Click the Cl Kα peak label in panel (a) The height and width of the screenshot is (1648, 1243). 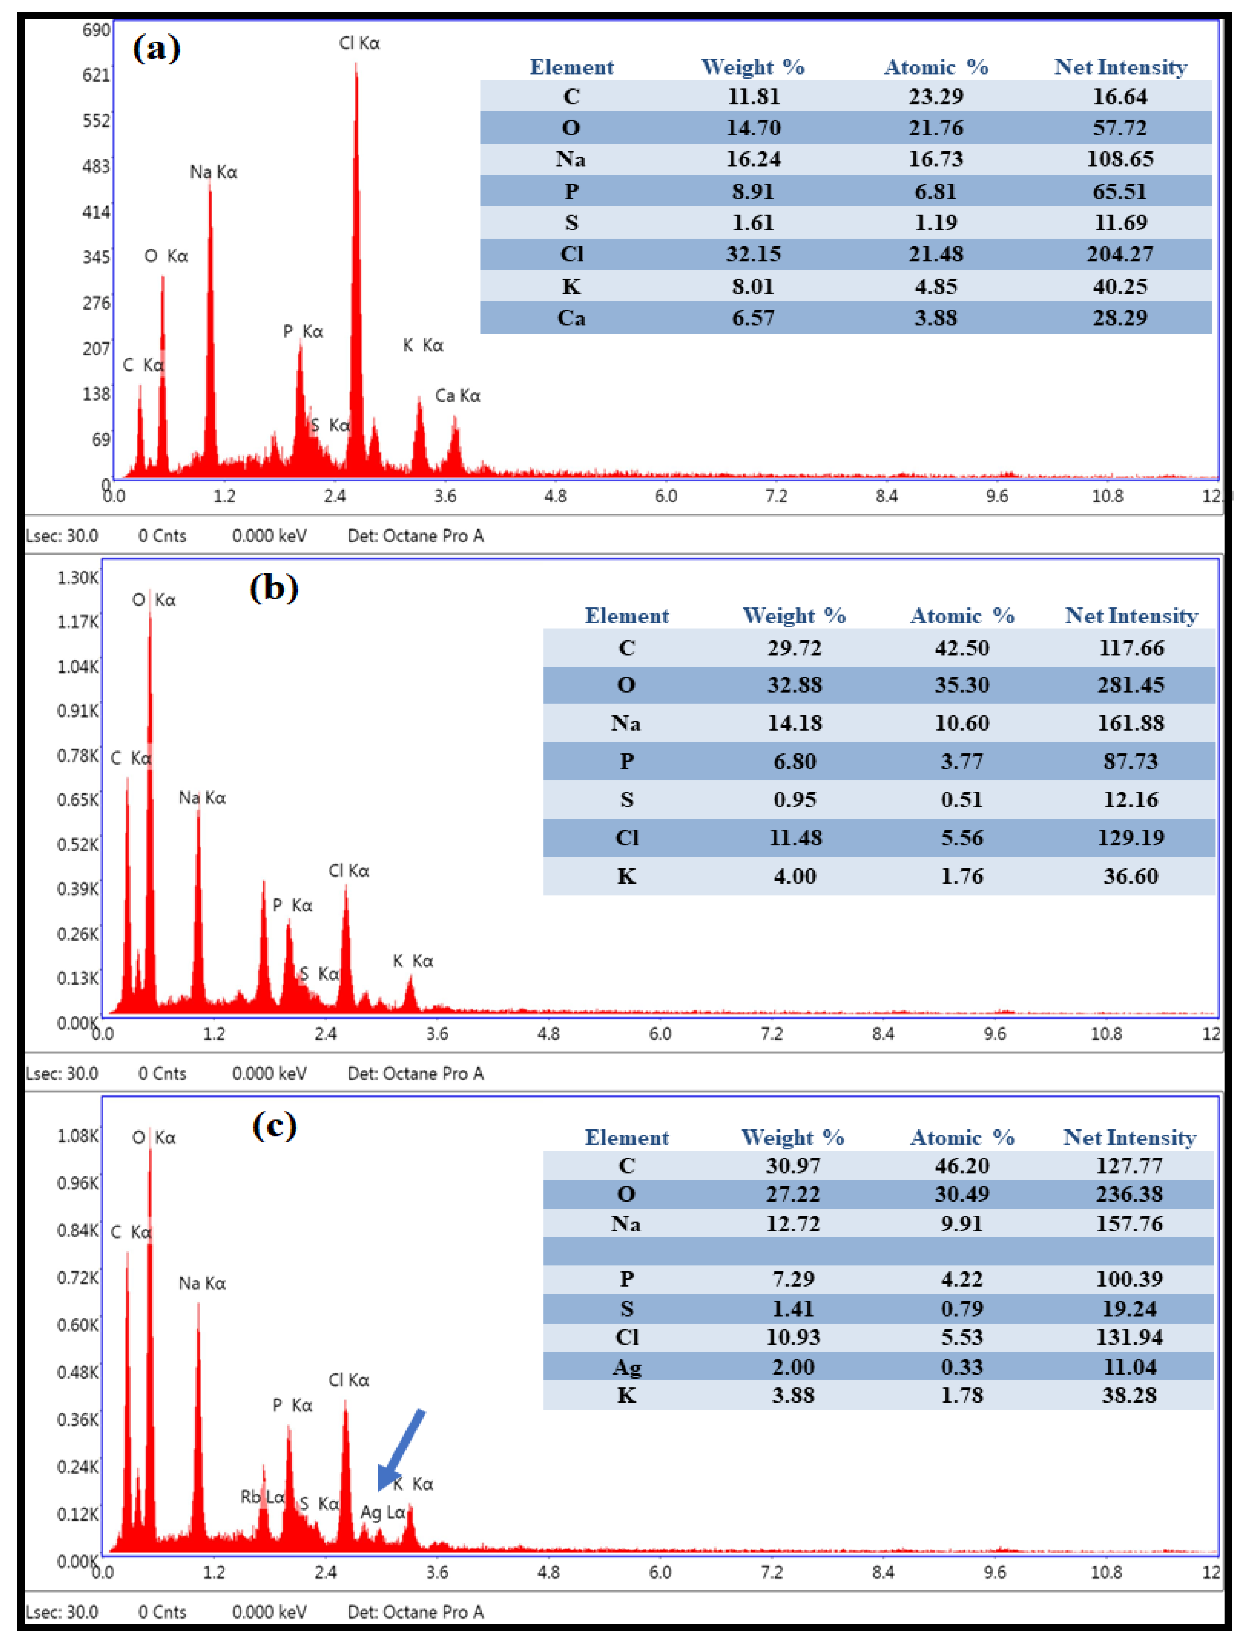point(359,43)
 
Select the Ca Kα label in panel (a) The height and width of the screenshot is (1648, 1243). point(457,395)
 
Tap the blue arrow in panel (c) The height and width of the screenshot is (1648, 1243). point(401,1449)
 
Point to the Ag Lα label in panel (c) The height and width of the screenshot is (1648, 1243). point(382,1512)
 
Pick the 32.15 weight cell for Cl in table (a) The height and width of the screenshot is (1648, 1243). point(753,254)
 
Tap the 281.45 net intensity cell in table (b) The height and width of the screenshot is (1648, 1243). point(1130,685)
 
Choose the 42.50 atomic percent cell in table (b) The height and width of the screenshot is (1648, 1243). point(961,647)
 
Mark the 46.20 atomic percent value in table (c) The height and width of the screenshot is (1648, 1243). point(961,1165)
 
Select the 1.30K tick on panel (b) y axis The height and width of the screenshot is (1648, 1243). point(78,577)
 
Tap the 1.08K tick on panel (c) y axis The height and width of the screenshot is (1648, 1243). point(78,1135)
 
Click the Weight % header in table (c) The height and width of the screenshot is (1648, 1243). point(792,1138)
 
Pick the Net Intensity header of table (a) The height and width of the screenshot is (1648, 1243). point(1119,67)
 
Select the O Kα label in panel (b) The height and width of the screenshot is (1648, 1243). point(154,600)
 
